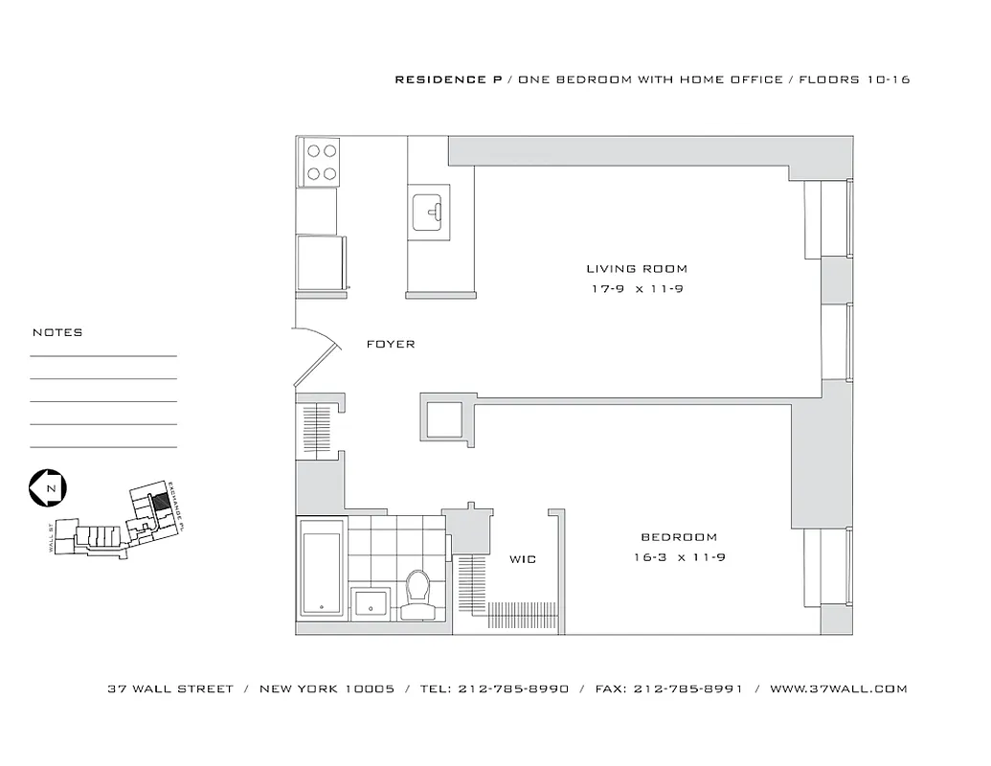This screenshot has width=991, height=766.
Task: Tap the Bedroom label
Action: pyautogui.click(x=679, y=537)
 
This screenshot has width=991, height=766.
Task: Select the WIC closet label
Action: pyautogui.click(x=522, y=559)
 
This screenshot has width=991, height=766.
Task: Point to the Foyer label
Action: pyautogui.click(x=391, y=344)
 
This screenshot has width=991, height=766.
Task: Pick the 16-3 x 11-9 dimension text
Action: pyautogui.click(x=679, y=557)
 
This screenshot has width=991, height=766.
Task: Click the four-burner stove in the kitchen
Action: pyautogui.click(x=320, y=162)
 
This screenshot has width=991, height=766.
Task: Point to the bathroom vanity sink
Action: pyautogui.click(x=370, y=603)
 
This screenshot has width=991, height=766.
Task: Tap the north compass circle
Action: pyautogui.click(x=46, y=487)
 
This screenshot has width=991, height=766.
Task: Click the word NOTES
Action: pyautogui.click(x=57, y=333)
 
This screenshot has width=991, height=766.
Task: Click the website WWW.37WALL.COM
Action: pyautogui.click(x=838, y=688)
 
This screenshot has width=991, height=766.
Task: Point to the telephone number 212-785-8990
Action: pyautogui.click(x=514, y=688)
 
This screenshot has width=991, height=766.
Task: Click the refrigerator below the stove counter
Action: pyautogui.click(x=320, y=260)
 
